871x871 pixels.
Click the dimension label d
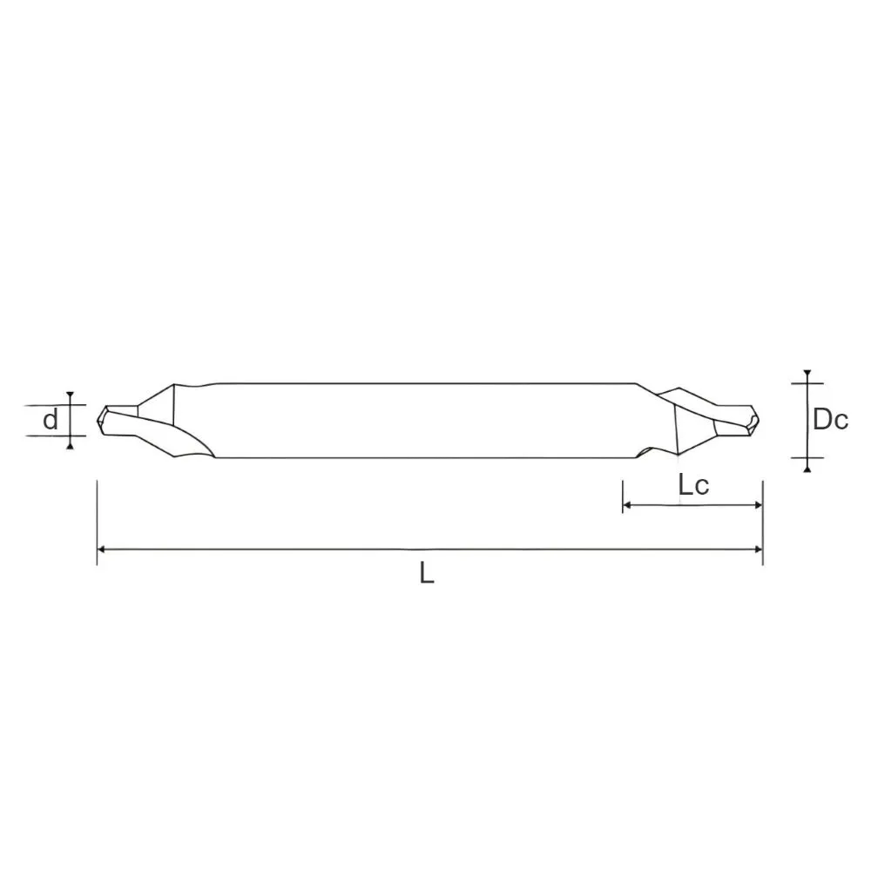coord(51,420)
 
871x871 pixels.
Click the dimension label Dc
coord(830,420)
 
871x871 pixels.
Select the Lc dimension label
coord(694,485)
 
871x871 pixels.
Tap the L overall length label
coord(427,573)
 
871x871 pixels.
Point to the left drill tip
coord(98,421)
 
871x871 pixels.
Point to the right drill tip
coord(759,421)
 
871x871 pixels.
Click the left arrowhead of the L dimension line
coord(101,550)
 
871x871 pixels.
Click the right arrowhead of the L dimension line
coord(759,550)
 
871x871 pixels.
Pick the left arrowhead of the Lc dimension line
coord(627,505)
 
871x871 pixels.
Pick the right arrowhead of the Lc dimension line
coord(759,505)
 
